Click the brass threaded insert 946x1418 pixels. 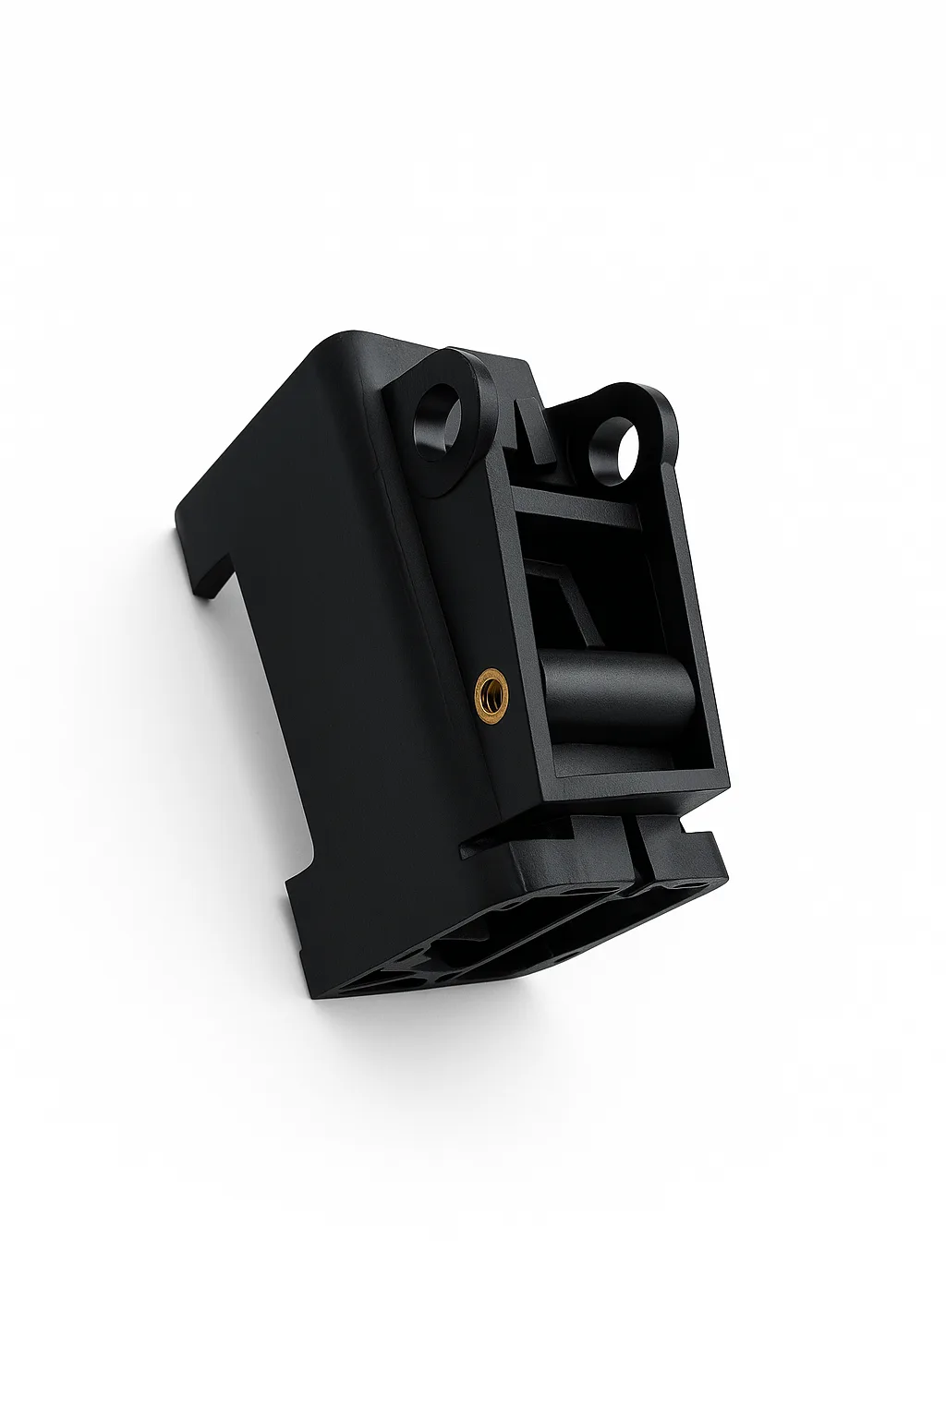[486, 687]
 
